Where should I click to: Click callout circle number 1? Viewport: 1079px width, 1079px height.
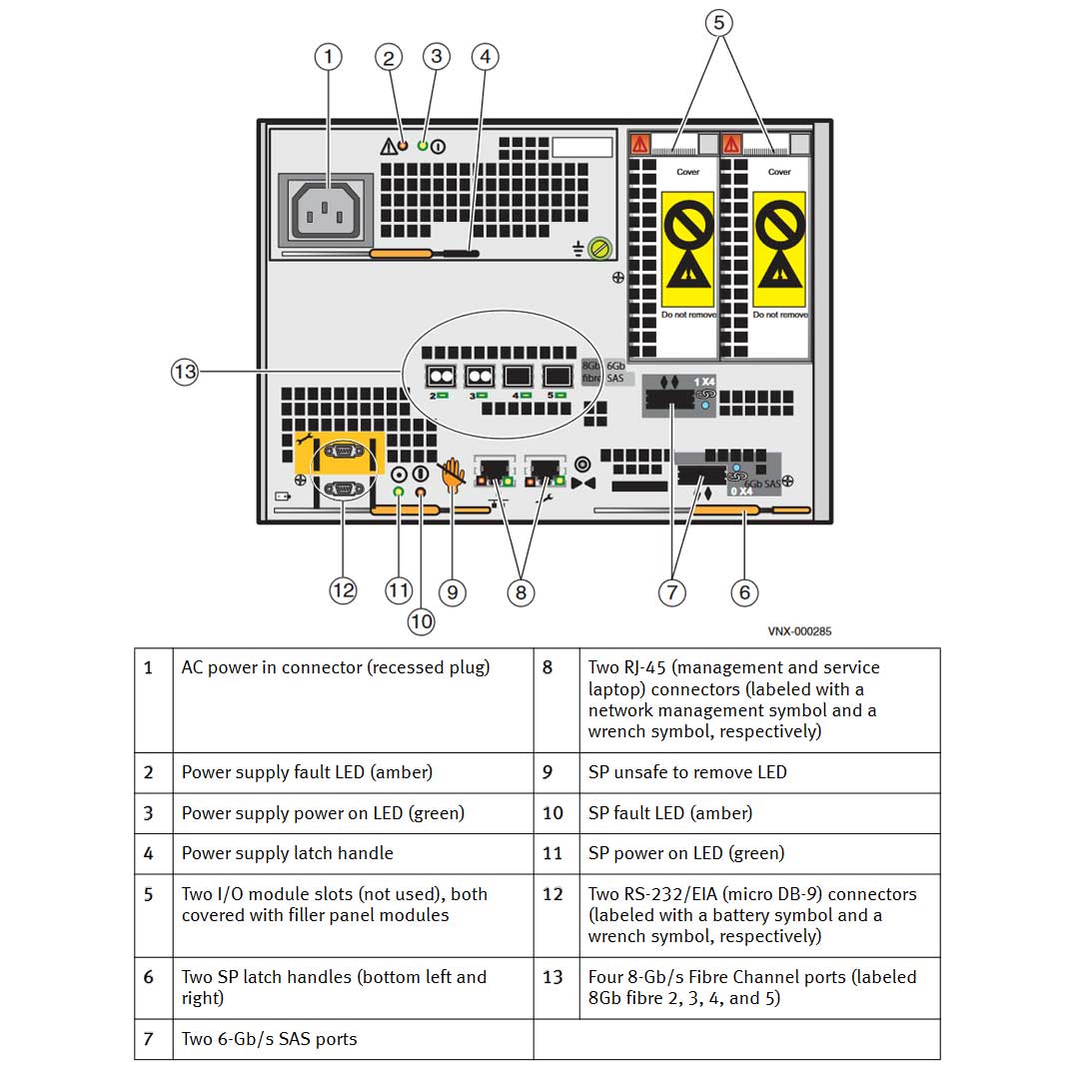pyautogui.click(x=328, y=57)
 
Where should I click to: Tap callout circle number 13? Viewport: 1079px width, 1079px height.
pyautogui.click(x=185, y=373)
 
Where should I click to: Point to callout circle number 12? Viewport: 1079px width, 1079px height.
pyautogui.click(x=343, y=590)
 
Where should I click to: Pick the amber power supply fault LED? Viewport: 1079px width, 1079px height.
pyautogui.click(x=403, y=146)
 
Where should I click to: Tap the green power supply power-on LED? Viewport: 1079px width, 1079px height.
pyautogui.click(x=423, y=146)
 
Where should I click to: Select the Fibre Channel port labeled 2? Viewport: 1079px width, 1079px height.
pyautogui.click(x=441, y=376)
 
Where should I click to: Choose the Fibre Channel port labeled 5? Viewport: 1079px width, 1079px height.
pyautogui.click(x=556, y=376)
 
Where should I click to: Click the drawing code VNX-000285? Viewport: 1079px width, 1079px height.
pyautogui.click(x=799, y=631)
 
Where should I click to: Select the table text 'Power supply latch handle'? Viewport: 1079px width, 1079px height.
pyautogui.click(x=288, y=853)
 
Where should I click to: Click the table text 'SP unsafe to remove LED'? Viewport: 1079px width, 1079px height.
pyautogui.click(x=687, y=772)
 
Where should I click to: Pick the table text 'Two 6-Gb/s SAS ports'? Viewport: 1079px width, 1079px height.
pyautogui.click(x=269, y=1039)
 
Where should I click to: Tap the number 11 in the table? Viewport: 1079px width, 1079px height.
pyautogui.click(x=552, y=853)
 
